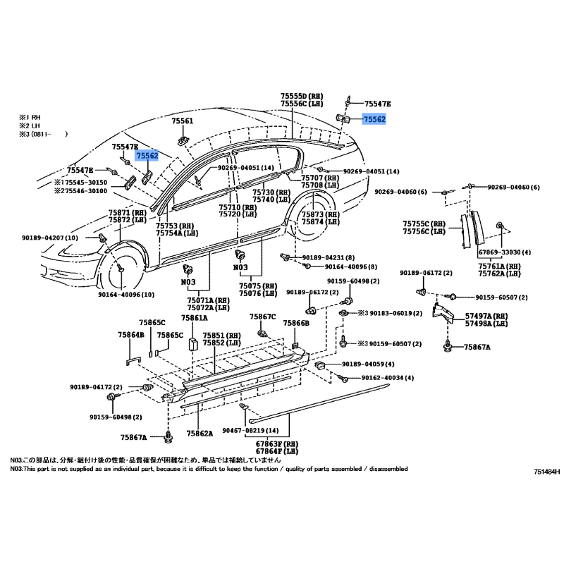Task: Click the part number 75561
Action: click(183, 121)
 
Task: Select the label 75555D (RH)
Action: click(301, 96)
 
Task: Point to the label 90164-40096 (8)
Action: click(351, 267)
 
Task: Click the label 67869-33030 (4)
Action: click(505, 252)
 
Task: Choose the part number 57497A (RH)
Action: click(486, 317)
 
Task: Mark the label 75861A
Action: click(192, 319)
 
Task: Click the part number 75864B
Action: click(131, 335)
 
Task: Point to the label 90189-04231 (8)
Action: click(328, 257)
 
